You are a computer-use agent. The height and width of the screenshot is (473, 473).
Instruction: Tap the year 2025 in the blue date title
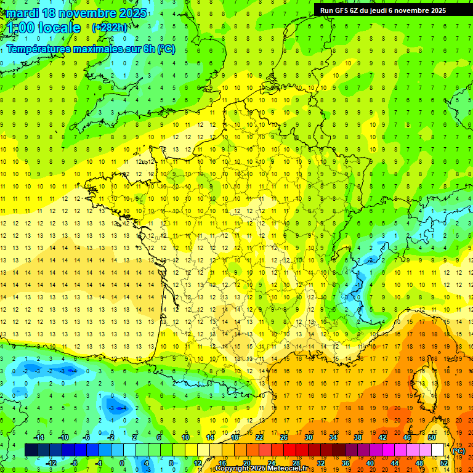tap(132, 13)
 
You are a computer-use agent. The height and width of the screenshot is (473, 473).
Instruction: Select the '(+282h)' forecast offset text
tap(110, 28)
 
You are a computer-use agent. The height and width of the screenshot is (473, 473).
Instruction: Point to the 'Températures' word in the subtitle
tap(38, 49)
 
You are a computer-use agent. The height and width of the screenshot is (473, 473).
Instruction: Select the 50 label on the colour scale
tap(431, 437)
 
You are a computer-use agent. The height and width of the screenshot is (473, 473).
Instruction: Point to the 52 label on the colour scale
tap(443, 463)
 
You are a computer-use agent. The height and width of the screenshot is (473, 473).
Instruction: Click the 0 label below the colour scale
tap(122, 463)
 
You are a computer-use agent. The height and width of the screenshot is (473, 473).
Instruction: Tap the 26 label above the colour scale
tap(284, 437)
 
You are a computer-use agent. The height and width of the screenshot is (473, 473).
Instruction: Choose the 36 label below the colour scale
tap(345, 463)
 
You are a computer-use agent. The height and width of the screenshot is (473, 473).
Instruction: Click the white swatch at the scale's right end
tap(437, 450)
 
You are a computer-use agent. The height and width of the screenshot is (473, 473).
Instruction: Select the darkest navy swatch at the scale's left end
tap(31, 450)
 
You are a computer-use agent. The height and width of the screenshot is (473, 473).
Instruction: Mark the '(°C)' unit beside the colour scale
tap(459, 451)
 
